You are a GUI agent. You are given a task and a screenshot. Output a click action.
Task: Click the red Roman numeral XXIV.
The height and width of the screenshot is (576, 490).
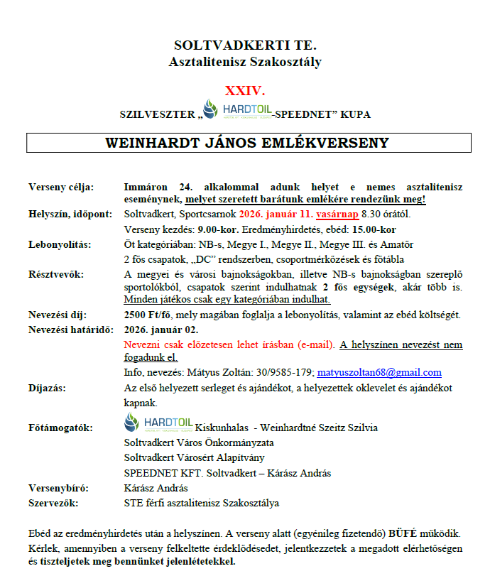[x=244, y=92]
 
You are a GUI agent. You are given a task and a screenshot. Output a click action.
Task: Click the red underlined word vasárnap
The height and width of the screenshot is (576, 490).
[x=320, y=214]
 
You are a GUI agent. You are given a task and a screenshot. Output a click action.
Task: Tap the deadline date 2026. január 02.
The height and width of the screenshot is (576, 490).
[x=161, y=330]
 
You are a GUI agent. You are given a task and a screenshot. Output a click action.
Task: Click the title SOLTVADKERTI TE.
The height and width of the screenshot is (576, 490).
[x=245, y=45]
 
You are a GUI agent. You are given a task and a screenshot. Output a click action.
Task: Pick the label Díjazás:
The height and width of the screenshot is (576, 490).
[x=48, y=388]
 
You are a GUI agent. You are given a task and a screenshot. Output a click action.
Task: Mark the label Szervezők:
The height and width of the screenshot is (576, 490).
[x=53, y=503]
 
